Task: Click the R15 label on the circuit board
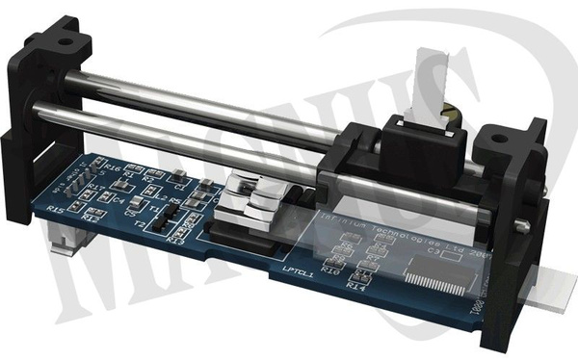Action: pyautogui.click(x=56, y=210)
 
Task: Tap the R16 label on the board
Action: pyautogui.click(x=113, y=167)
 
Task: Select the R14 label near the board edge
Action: pyautogui.click(x=358, y=286)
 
